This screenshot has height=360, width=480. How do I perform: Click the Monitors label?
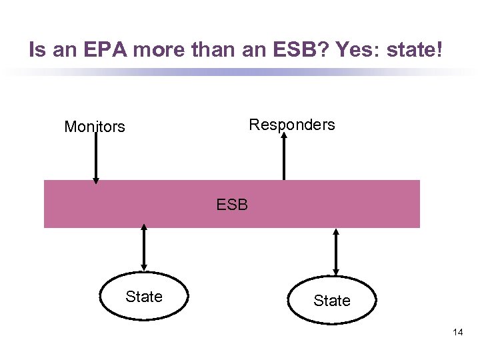click(94, 127)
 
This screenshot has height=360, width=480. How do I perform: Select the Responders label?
click(291, 125)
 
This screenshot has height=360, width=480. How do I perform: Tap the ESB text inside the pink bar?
click(232, 205)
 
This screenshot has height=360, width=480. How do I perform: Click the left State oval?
click(144, 297)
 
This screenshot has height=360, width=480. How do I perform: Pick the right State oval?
click(331, 301)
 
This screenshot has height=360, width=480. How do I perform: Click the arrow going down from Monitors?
click(96, 157)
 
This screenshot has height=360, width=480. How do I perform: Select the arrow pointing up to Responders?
click(284, 157)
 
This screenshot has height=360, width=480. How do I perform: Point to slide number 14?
click(457, 331)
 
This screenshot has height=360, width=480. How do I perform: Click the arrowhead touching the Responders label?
click(284, 135)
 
